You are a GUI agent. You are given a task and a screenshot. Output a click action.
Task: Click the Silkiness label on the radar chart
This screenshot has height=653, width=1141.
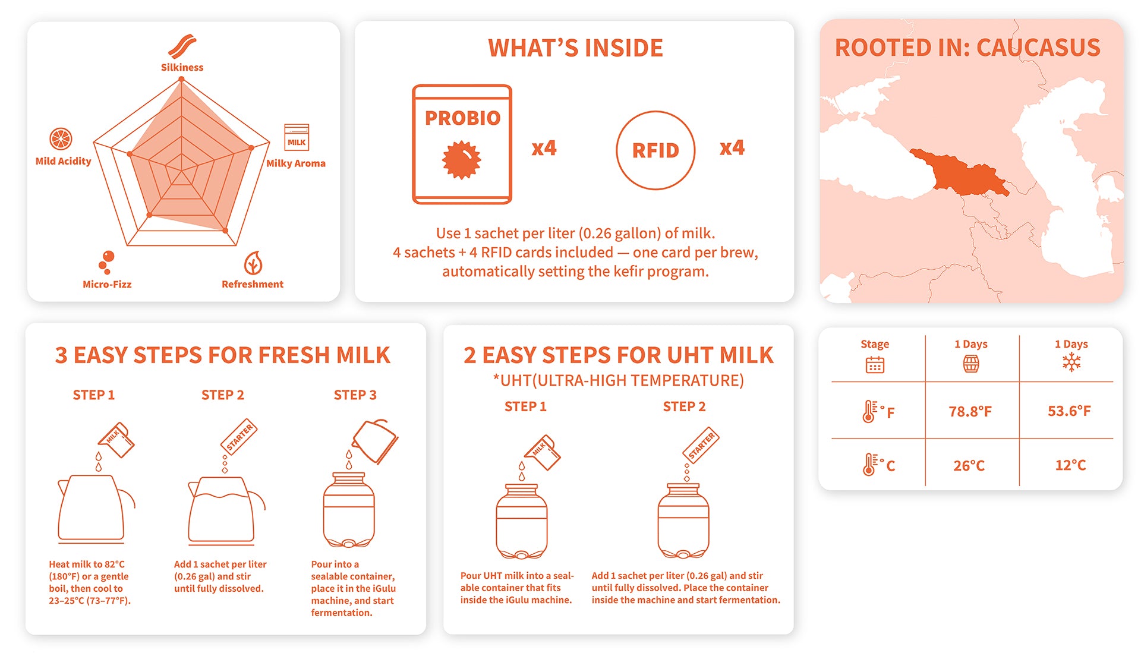click(x=182, y=67)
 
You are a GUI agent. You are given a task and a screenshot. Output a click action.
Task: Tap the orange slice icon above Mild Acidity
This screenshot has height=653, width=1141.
click(x=61, y=139)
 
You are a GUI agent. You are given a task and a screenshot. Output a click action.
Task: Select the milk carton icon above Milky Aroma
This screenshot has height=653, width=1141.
click(x=297, y=137)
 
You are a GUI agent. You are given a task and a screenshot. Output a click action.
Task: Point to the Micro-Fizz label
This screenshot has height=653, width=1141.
click(x=107, y=284)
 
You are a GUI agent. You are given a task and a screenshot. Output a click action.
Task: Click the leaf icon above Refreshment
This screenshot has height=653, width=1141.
click(x=253, y=263)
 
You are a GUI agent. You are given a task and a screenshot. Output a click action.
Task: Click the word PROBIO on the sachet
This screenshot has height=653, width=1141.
click(x=462, y=118)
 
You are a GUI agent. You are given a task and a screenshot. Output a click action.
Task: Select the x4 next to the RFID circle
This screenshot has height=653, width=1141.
click(x=732, y=147)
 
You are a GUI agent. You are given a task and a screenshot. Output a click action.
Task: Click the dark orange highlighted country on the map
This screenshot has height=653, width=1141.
click(x=957, y=172)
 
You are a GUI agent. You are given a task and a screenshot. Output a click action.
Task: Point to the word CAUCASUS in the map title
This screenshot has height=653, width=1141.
click(x=1038, y=48)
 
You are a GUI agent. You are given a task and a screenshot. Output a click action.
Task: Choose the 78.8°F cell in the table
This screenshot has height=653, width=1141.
click(x=970, y=411)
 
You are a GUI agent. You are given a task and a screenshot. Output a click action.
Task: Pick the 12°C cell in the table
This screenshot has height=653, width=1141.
click(x=1070, y=465)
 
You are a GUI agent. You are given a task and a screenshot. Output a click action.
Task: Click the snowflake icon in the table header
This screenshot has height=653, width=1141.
click(x=1071, y=362)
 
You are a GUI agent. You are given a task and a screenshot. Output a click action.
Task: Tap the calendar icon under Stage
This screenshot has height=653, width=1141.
click(x=875, y=364)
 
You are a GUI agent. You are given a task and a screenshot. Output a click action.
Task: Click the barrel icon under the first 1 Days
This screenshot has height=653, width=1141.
click(x=970, y=364)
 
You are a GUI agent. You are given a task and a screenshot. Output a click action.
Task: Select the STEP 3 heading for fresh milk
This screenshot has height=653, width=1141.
click(x=355, y=395)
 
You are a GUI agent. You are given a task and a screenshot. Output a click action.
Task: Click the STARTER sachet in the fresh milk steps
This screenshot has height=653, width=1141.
click(x=239, y=437)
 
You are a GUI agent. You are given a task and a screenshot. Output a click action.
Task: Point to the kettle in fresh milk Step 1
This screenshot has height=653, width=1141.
click(x=95, y=509)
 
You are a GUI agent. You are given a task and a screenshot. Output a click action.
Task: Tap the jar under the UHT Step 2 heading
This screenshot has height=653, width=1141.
click(x=683, y=521)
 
